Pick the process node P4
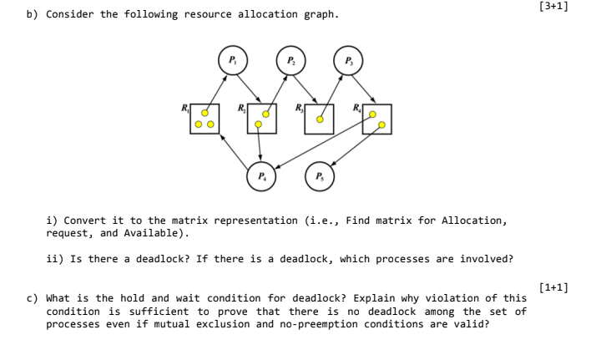pyautogui.click(x=260, y=176)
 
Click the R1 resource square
pyautogui.click(x=205, y=119)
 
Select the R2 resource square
pyautogui.click(x=262, y=119)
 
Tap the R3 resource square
pyautogui.click(x=319, y=119)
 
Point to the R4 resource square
pyautogui.click(x=376, y=119)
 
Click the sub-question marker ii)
pyautogui.click(x=55, y=259)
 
